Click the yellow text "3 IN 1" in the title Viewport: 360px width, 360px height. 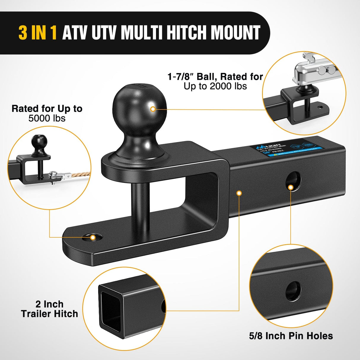coord(37,33)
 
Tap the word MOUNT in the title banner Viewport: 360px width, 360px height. coord(236,33)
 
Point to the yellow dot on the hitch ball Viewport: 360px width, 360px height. coord(153,109)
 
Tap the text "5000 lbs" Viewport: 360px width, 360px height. coord(47,118)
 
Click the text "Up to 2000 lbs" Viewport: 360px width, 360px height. coord(215,86)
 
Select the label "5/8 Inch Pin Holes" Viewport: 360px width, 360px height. coord(291,336)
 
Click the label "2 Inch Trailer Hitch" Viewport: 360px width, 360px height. coord(50,309)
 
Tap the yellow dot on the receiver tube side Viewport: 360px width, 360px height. coord(239,193)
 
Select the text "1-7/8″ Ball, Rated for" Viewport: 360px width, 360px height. coord(215,77)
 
